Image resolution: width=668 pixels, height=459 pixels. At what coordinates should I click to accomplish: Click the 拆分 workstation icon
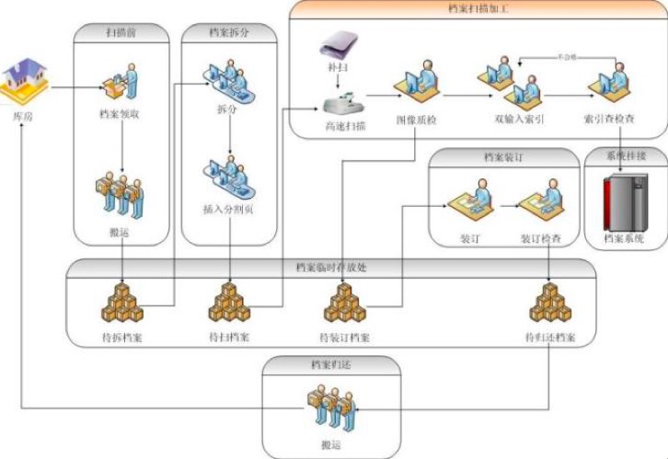(227, 77)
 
